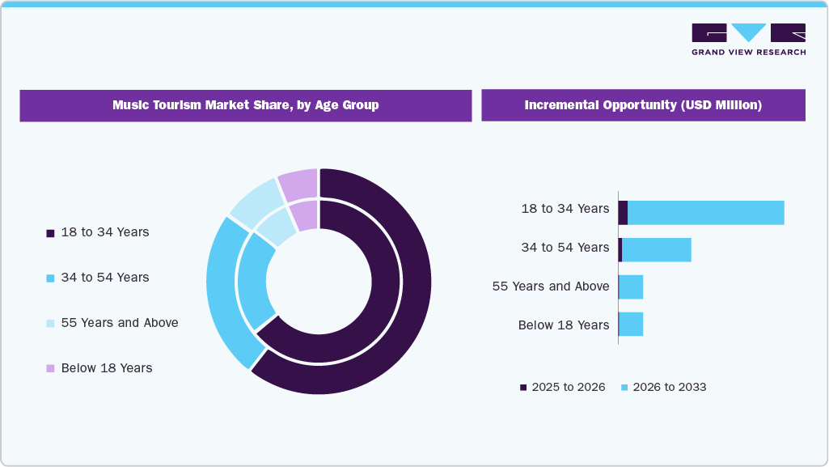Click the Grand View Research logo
click(x=748, y=39)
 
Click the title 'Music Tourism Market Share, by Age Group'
click(x=245, y=105)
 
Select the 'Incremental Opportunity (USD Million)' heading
click(x=643, y=105)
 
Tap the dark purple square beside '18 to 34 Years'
click(x=50, y=233)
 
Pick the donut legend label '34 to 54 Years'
click(x=105, y=278)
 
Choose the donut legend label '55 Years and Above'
click(x=119, y=323)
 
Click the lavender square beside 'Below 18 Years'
click(x=50, y=368)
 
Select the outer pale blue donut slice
click(x=253, y=198)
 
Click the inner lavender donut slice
click(x=304, y=215)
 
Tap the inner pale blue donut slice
click(x=277, y=226)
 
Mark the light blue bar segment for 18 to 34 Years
click(x=705, y=213)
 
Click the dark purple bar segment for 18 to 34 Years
click(x=623, y=213)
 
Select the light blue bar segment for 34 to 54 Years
click(x=656, y=250)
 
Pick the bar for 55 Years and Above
click(x=631, y=287)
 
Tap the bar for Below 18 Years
click(x=631, y=324)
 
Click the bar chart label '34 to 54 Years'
click(x=565, y=248)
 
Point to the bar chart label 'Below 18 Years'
click(x=563, y=325)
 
